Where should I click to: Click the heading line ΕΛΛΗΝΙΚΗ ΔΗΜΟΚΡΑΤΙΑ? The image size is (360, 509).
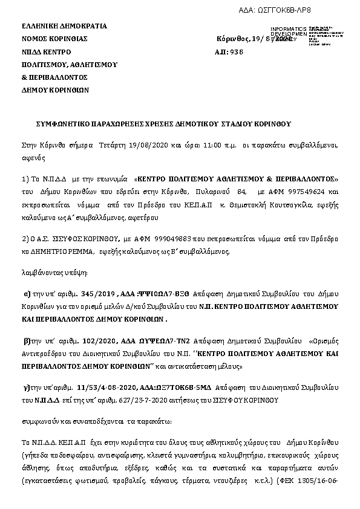tap(64, 26)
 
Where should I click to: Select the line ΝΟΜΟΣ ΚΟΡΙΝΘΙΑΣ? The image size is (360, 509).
tap(55, 38)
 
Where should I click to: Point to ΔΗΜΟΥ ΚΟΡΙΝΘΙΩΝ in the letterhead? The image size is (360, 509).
tap(55, 90)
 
